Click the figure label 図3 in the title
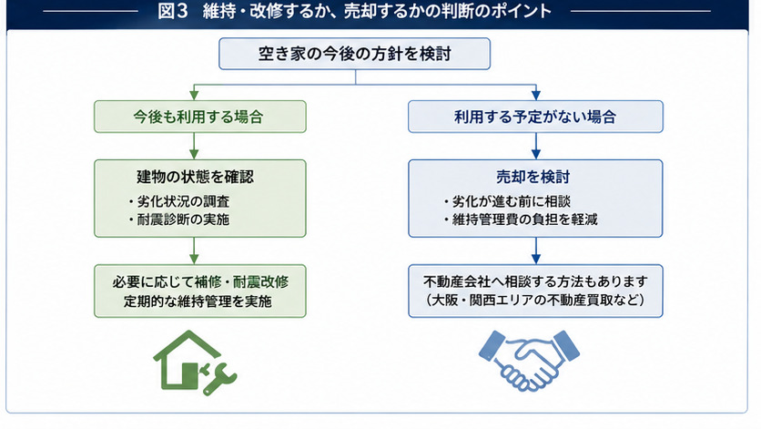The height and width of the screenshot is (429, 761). tap(172, 11)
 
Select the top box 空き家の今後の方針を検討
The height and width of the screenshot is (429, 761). tap(354, 54)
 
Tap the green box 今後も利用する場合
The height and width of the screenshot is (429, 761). tap(200, 117)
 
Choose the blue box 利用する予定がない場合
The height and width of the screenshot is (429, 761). tap(535, 117)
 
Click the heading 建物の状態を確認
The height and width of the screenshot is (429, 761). tap(195, 177)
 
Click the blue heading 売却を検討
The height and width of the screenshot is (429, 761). tap(533, 177)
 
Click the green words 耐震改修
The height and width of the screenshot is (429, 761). tap(260, 281)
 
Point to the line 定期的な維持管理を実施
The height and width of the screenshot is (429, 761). tap(198, 301)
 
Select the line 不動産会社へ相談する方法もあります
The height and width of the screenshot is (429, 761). tap(535, 281)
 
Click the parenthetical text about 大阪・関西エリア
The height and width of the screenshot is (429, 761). tap(535, 301)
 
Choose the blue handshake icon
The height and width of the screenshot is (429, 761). tap(529, 361)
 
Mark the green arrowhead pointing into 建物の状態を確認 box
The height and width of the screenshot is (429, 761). tap(194, 154)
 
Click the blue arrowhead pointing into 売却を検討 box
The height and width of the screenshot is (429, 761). tap(536, 154)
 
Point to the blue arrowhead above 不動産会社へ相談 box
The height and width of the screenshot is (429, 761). tap(536, 259)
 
